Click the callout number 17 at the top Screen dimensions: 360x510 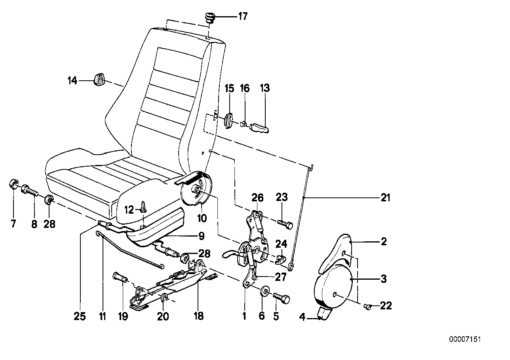(x=242, y=16)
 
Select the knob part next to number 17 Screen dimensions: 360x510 (x=209, y=18)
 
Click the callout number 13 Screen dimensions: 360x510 (x=265, y=88)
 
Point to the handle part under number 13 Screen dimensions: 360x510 (x=259, y=127)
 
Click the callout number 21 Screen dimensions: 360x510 (x=385, y=197)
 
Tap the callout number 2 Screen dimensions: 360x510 (x=383, y=241)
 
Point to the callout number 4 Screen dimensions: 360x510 (x=303, y=316)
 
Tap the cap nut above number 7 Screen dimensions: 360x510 (x=13, y=185)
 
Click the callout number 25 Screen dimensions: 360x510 (x=80, y=316)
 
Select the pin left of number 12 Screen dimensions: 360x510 (x=143, y=207)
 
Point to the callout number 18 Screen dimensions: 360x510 (x=198, y=316)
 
